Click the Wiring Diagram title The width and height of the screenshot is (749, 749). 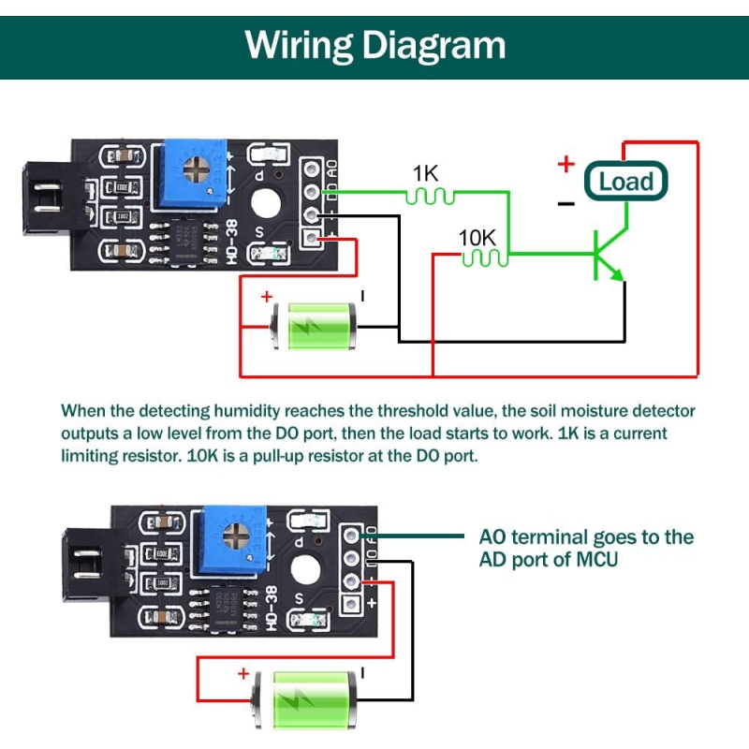pyautogui.click(x=374, y=44)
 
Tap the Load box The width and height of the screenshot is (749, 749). pyautogui.click(x=624, y=181)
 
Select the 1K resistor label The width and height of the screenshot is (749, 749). pyautogui.click(x=426, y=174)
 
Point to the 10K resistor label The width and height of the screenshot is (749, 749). pyautogui.click(x=477, y=237)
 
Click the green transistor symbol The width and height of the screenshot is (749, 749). pyautogui.click(x=606, y=255)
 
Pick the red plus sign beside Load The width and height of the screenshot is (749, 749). pyautogui.click(x=565, y=165)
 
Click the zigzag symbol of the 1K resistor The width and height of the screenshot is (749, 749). pyautogui.click(x=431, y=196)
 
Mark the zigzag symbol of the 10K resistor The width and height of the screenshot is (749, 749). pyautogui.click(x=483, y=257)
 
